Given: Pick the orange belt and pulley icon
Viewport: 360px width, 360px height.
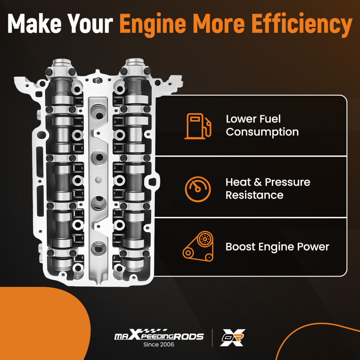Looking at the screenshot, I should pos(198,247).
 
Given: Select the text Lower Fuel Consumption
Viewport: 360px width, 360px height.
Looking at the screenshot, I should pos(262,125).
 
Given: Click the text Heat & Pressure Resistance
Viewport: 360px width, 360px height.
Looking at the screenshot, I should pos(267,188).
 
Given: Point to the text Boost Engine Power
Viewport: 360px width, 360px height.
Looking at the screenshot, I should pos(277,247).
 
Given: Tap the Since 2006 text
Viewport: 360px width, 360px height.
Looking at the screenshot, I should pos(159,345).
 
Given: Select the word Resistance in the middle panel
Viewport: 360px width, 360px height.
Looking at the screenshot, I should pos(254,195).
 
